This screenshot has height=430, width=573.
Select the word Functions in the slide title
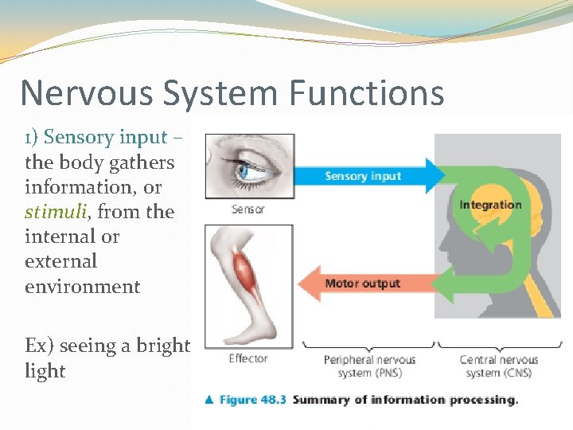pos(367,93)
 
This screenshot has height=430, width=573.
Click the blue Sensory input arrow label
pos(362,176)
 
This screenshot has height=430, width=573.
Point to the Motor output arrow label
pos(362,283)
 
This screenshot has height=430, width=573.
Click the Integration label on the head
pos(489,205)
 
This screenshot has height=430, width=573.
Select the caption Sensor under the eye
pos(248,209)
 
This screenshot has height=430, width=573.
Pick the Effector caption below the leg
pos(248,358)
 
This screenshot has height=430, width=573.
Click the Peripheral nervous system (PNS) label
pos(368,367)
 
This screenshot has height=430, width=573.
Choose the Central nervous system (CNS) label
pos(499,367)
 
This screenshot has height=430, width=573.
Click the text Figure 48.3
pos(253,400)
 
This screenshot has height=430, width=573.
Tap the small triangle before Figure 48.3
pos(210,400)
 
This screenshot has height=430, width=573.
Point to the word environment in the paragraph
pos(82,286)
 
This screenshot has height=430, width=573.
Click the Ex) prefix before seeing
pos(37,346)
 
